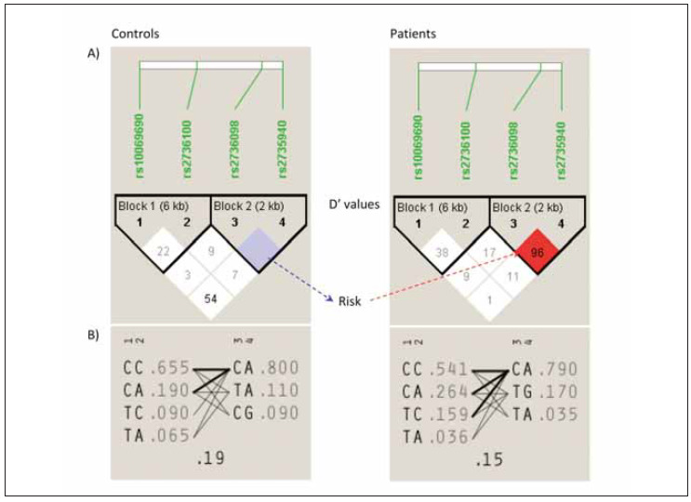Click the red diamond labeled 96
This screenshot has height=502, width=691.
coord(537,251)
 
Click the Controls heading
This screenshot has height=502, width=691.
coord(135,34)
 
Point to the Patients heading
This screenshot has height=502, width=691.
coord(412,34)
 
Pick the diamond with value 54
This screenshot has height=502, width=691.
coord(211,299)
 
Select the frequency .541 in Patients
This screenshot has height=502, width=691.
coord(450,368)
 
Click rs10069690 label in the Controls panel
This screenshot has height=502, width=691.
coord(141,150)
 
